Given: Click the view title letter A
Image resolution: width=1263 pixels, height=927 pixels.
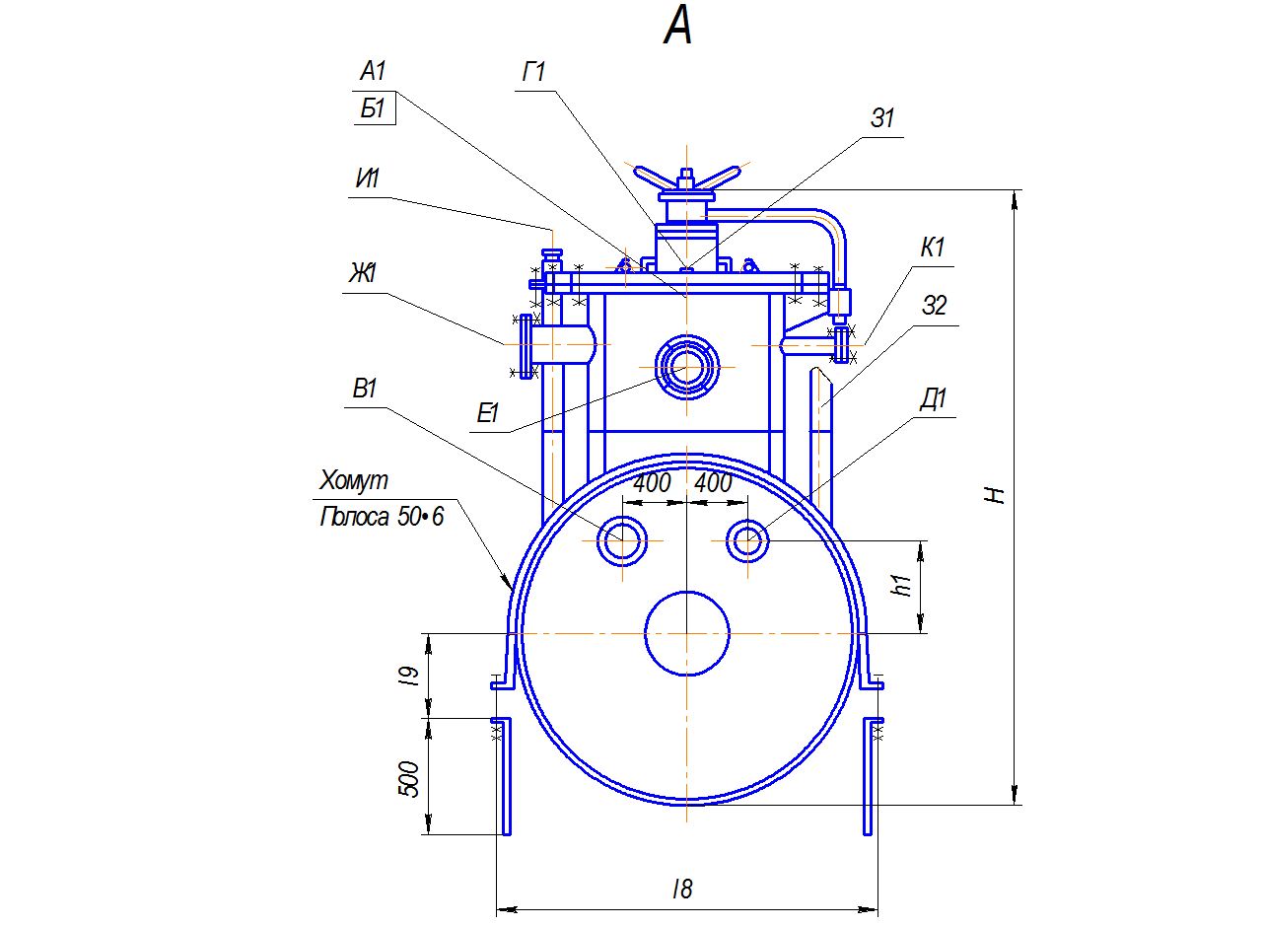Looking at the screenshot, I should (x=678, y=27).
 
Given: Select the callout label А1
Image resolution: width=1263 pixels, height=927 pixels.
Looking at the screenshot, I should (x=373, y=71).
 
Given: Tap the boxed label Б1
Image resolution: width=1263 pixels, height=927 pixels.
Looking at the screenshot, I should (x=373, y=108).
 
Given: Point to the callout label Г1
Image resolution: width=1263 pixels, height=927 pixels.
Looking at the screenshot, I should (x=533, y=73).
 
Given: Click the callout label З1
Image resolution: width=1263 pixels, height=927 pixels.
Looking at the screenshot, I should (x=882, y=118).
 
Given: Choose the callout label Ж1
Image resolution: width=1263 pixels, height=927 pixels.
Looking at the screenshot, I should (x=363, y=273).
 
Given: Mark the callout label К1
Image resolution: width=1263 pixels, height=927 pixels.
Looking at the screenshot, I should (x=933, y=248).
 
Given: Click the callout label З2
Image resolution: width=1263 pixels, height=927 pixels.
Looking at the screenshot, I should (x=934, y=307).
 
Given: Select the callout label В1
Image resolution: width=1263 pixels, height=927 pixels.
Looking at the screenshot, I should (x=365, y=390).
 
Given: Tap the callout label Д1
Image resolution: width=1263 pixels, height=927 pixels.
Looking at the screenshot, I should (x=934, y=399).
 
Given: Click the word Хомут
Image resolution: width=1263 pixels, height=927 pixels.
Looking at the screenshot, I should (x=354, y=481).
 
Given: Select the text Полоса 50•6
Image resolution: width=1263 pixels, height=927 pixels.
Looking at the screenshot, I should (x=382, y=517).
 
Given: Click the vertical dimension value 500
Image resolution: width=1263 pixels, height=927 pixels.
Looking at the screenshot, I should (x=411, y=779).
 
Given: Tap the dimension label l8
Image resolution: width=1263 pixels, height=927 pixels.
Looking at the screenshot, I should (x=682, y=890).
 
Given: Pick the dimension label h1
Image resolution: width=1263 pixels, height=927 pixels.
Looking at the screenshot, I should (x=900, y=585).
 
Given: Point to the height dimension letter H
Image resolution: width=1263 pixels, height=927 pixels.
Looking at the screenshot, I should (x=998, y=495).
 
